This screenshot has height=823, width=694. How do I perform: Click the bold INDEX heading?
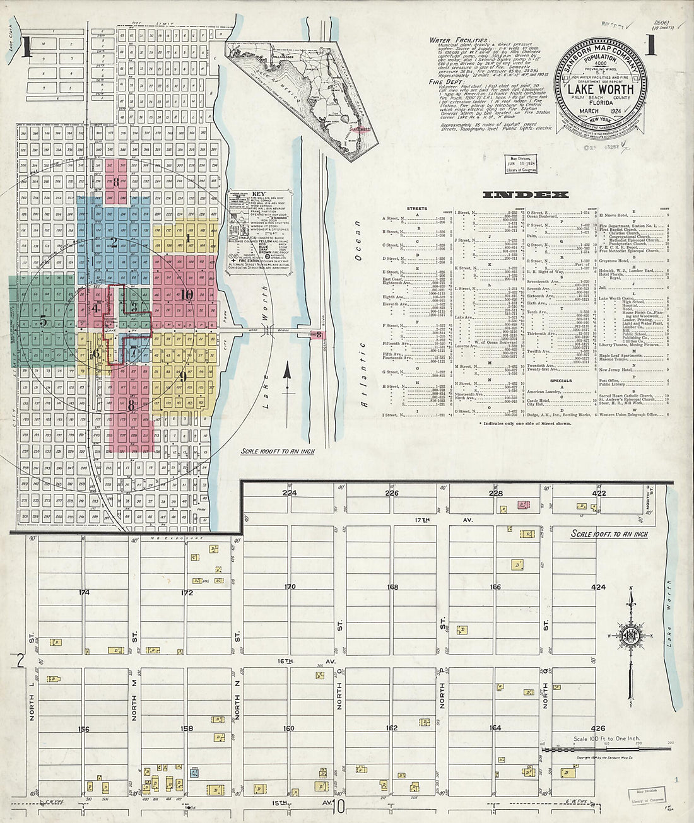[526, 195]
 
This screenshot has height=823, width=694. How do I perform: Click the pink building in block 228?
[523, 505]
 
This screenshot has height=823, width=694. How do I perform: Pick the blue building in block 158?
[194, 772]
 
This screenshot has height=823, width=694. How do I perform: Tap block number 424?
[597, 587]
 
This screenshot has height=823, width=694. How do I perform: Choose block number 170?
[290, 587]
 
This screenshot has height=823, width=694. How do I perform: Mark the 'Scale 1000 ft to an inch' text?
[277, 452]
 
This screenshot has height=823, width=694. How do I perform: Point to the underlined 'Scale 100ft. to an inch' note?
[609, 534]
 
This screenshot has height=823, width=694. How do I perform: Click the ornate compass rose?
[630, 637]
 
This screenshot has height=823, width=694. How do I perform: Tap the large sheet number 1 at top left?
[25, 49]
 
